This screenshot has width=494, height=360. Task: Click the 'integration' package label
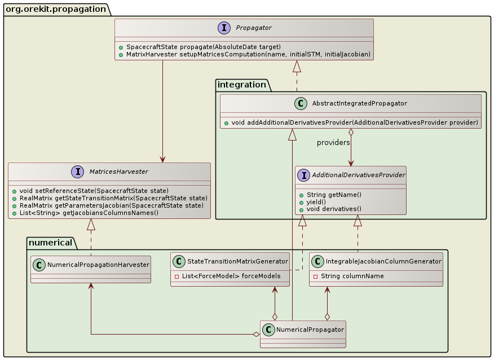click(x=242, y=85)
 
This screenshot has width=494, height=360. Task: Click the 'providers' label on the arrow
click(x=333, y=143)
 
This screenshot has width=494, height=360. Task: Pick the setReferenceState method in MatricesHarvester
click(x=90, y=191)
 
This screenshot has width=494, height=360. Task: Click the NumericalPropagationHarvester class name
click(x=98, y=264)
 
